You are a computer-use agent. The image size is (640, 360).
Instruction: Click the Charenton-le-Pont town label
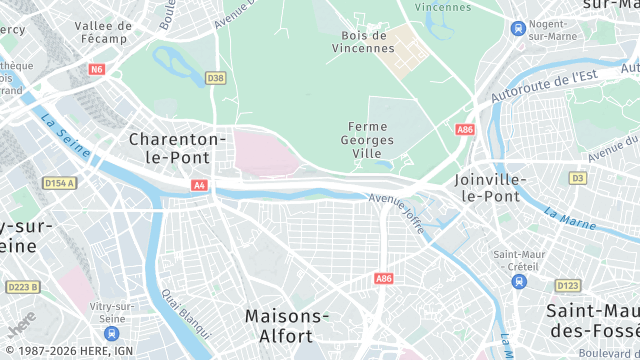(x=178, y=147)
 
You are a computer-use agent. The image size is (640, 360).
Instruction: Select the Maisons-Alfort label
(x=287, y=326)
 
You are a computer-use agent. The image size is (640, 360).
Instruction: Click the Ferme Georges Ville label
(x=374, y=140)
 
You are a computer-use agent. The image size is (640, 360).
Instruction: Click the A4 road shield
(x=199, y=185)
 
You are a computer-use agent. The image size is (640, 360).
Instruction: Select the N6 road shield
(x=96, y=70)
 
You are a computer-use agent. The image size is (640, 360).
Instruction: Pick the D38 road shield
(x=215, y=77)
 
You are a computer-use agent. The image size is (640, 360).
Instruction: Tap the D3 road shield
(x=577, y=178)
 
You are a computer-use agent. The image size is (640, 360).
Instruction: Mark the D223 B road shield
(x=22, y=287)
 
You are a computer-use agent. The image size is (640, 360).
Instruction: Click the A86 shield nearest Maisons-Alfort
(x=382, y=278)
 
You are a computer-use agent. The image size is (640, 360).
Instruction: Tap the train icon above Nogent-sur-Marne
(x=517, y=29)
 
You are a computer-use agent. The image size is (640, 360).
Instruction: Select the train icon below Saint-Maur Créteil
(x=517, y=281)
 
